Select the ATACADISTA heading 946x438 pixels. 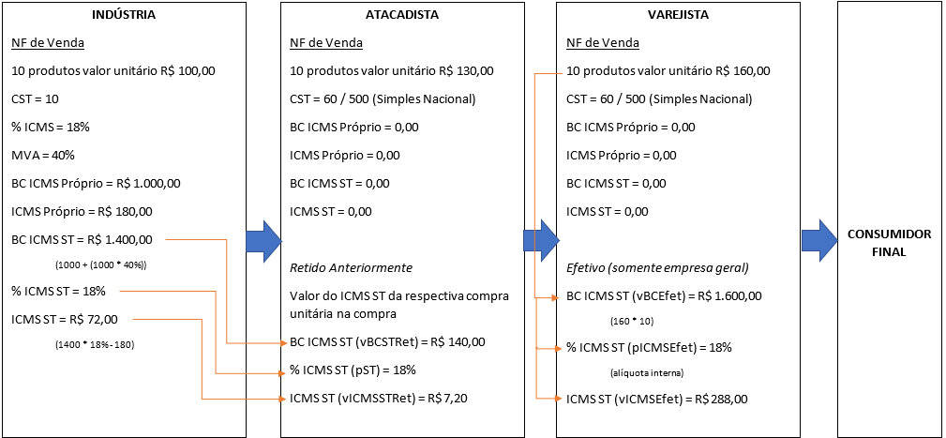402,16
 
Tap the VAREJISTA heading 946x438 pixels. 677,16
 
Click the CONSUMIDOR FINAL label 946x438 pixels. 888,242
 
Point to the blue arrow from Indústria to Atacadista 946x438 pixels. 263,241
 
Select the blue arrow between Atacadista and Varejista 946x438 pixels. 539,241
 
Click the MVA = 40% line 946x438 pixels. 43,155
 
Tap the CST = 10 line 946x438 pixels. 36,98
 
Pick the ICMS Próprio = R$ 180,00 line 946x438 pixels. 82,211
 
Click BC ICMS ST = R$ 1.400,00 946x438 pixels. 82,239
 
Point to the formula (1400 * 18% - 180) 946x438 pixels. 95,345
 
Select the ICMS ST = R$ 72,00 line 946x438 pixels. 65,319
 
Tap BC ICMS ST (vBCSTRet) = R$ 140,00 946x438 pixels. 388,342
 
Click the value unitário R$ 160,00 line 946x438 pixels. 668,70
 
